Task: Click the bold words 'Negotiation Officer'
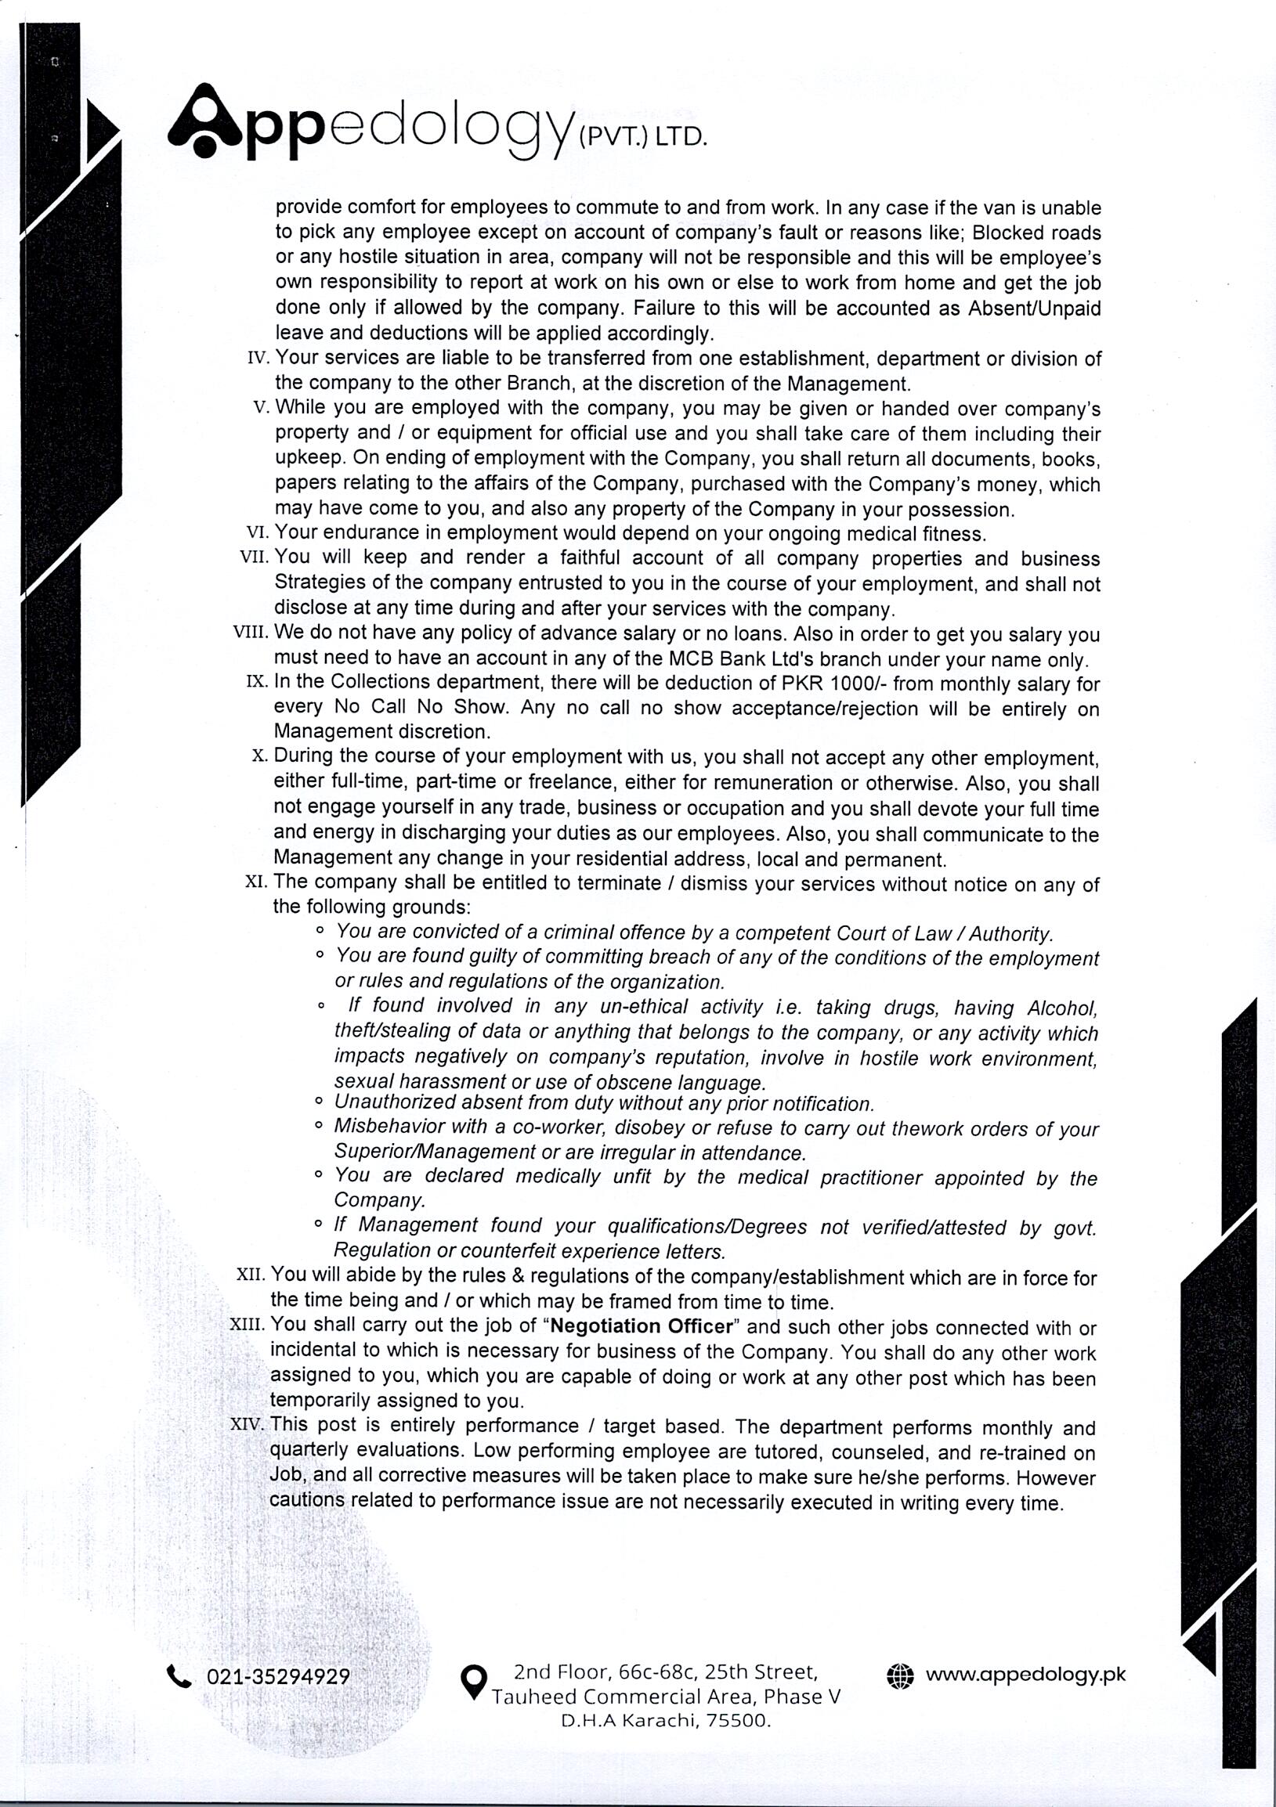[642, 1326]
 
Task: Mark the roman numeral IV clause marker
[259, 359]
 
